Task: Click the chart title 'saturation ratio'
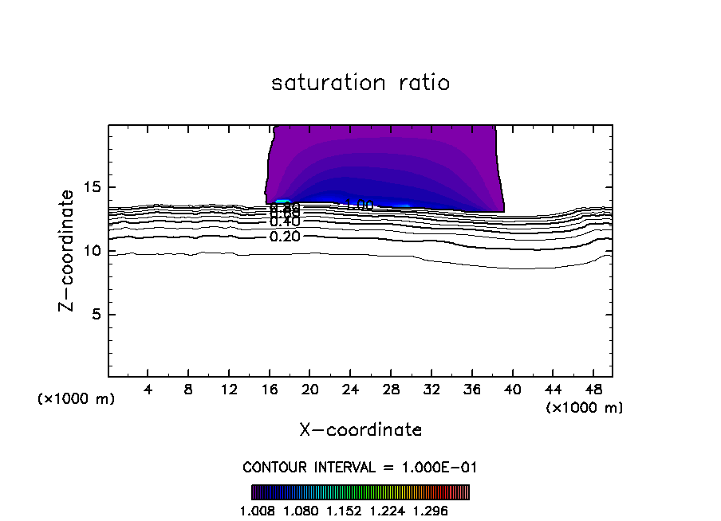360,83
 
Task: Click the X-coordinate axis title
360,430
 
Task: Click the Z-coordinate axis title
69,250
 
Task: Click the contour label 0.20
285,237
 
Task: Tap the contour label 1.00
359,206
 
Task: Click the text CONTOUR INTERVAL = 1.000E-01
360,467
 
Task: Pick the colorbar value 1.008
257,510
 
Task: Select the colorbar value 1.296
431,510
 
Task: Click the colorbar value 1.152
344,510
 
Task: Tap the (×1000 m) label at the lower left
77,399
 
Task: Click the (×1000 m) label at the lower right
585,408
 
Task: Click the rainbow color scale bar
360,492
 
